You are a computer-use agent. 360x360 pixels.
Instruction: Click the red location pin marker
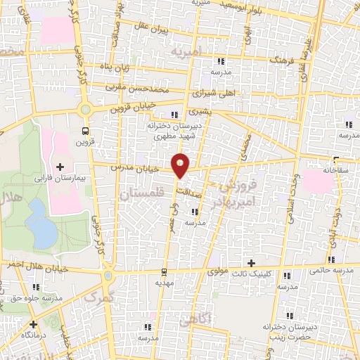click(181, 165)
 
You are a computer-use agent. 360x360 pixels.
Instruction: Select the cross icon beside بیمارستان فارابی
click(59, 167)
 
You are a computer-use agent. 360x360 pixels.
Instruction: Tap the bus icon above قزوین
click(85, 131)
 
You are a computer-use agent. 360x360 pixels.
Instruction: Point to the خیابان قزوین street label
click(131, 109)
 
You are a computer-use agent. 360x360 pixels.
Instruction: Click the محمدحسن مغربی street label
click(138, 89)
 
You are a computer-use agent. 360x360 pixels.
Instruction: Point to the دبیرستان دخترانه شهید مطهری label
click(173, 129)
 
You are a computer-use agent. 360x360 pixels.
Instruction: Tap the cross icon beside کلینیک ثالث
click(250, 262)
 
